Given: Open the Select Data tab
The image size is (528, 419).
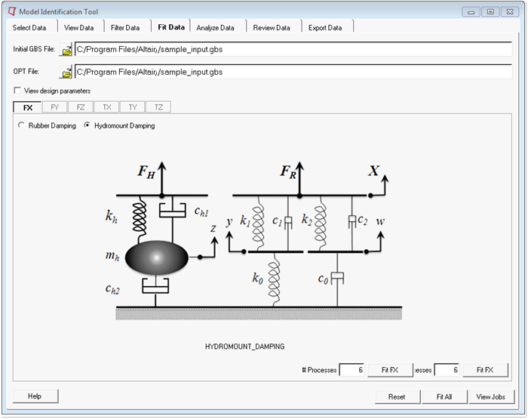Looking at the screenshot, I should pos(29,28).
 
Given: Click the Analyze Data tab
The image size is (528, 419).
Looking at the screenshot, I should pos(215,28).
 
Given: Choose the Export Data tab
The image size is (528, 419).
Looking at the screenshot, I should pos(324,28).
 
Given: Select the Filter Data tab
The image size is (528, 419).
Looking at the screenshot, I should pos(125,28).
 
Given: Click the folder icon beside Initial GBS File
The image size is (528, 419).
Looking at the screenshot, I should pos(66,50).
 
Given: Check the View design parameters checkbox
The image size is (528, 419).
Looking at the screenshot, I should pos(17,91).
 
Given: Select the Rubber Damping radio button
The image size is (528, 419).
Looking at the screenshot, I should pos(21,126).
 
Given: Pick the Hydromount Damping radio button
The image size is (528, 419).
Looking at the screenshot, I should pos(87,126).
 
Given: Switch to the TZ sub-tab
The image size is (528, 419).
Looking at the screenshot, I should pos(158,107).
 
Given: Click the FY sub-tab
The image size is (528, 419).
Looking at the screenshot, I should pos(54,107).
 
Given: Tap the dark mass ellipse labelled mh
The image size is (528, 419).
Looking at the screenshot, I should pos(157,258).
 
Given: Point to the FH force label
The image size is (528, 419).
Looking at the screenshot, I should pos(146,171).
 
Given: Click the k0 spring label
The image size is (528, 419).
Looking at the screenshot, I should pos(258,278).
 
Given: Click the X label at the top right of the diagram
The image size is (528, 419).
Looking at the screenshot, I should pos(373,171).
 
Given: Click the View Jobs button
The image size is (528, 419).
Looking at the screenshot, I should pos(491,396).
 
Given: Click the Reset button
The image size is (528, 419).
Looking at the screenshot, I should pos(397,396).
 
